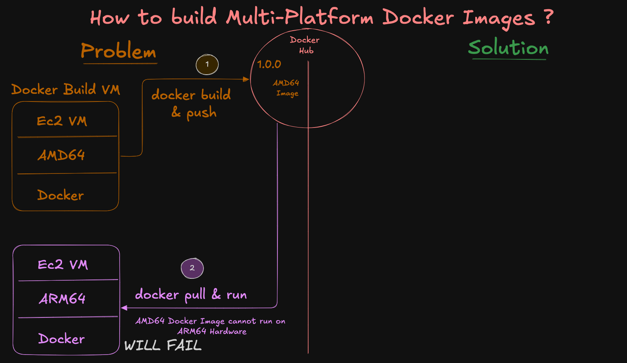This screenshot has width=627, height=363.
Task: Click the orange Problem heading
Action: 118,51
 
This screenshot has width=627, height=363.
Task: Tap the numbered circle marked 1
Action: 207,64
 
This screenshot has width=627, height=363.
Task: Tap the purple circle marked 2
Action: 192,268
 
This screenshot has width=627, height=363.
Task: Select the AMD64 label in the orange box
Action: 61,155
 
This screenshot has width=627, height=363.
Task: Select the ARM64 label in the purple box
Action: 62,299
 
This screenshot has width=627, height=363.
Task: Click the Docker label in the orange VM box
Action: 61,195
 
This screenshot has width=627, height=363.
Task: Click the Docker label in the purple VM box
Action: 61,339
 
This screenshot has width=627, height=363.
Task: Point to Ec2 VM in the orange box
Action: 62,121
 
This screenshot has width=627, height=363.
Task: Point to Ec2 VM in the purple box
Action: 63,265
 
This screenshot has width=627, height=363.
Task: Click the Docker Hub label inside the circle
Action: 305,45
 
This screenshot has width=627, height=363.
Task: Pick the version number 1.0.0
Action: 269,64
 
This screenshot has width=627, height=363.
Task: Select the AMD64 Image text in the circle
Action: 286,88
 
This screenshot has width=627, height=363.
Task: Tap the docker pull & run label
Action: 191,294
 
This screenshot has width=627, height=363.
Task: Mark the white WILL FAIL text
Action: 162,345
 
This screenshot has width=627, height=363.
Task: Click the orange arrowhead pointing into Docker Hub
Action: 246,79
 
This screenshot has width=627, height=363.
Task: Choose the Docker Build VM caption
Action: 66,90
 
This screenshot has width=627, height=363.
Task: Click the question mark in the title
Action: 549,17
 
